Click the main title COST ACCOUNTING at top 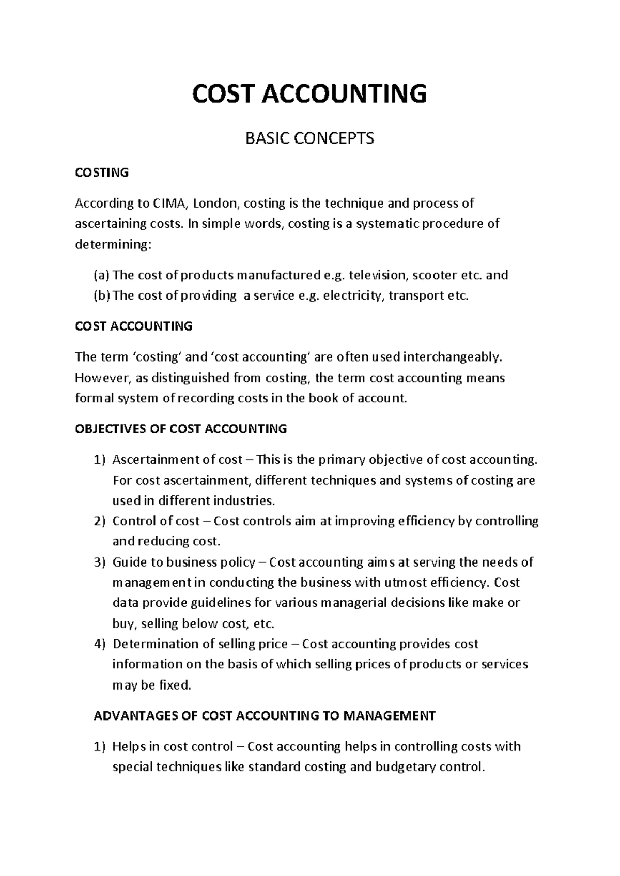point(309,94)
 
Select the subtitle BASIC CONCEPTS point(309,138)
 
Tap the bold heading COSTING point(102,173)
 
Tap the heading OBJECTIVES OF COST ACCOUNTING point(181,429)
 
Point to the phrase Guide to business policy point(183,562)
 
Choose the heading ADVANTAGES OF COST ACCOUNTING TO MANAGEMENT point(265,716)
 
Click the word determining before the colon point(112,244)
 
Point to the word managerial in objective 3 point(354,603)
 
